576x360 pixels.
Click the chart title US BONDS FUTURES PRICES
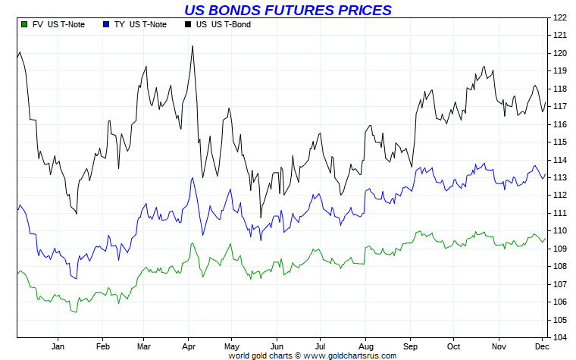pos(288,10)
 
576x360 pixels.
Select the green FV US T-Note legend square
pos(25,24)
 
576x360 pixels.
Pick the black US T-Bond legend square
pos(187,24)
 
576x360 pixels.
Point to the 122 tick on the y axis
pos(560,17)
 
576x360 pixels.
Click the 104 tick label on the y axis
pos(560,337)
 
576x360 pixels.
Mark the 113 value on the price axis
pos(560,177)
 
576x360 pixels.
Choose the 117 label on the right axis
pos(560,106)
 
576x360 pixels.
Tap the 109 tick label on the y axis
pos(560,249)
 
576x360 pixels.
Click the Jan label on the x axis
pos(58,346)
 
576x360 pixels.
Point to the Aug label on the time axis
pos(365,346)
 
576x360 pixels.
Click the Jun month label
pos(277,346)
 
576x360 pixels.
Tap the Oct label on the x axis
pos(453,346)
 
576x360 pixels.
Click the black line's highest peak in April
pos(193,45)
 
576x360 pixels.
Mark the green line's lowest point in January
pos(73,312)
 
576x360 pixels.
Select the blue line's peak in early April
pos(193,178)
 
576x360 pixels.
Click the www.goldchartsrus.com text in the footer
pos(350,355)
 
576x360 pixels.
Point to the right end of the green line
pos(546,238)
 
